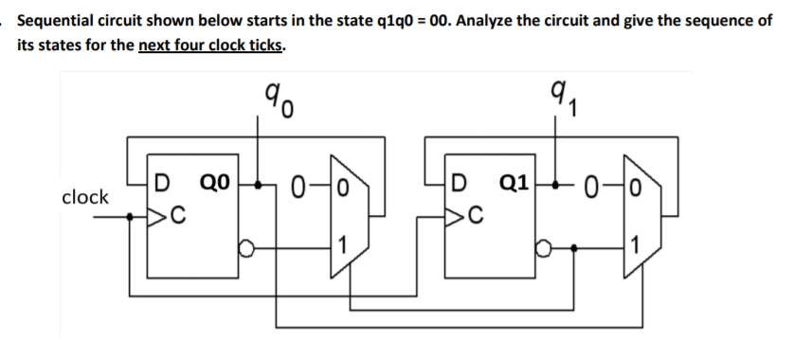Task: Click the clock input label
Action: [84, 198]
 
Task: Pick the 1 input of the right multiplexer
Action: [640, 250]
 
